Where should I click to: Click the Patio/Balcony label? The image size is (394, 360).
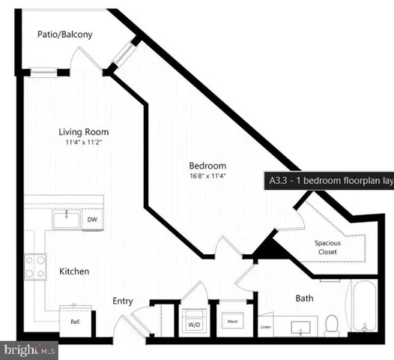tap(65, 34)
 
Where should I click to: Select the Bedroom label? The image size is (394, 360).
tap(207, 165)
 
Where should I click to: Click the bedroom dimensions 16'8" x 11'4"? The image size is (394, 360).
tap(207, 176)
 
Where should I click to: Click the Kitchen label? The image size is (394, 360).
tap(75, 270)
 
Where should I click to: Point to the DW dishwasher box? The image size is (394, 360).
tap(92, 220)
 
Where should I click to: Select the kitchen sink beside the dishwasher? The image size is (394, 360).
tap(66, 219)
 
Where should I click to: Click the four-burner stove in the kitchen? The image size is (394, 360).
tap(35, 265)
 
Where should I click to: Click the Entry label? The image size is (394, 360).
tap(123, 301)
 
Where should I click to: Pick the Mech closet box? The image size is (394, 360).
tap(232, 322)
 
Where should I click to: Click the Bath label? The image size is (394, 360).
tap(304, 298)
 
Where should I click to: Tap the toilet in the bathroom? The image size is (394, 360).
tap(331, 325)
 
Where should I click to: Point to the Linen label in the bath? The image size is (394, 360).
tap(264, 328)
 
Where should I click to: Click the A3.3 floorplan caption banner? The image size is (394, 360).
tap(328, 180)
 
